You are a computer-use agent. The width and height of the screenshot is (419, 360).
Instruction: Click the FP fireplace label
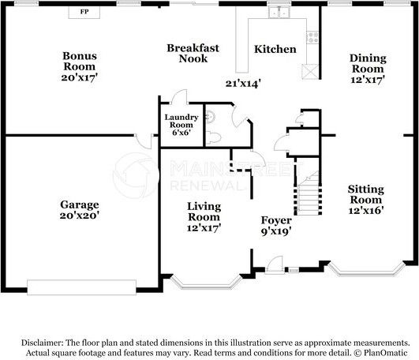tap(84, 12)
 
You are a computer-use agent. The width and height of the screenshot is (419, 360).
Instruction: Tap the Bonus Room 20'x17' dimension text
tap(80, 77)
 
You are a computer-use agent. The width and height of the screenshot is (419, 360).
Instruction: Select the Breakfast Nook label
tap(193, 53)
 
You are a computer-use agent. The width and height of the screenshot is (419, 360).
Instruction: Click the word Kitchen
tap(275, 49)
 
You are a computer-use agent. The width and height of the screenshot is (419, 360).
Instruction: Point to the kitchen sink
tap(279, 12)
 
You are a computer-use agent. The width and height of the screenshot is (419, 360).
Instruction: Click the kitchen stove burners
tap(312, 37)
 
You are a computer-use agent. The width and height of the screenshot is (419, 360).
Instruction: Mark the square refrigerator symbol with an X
tap(310, 72)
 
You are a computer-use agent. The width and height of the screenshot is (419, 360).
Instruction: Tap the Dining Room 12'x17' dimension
tap(368, 80)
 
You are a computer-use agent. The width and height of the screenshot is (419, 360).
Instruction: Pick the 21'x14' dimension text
tap(243, 84)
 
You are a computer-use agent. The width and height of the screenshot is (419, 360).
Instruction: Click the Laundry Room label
tap(181, 125)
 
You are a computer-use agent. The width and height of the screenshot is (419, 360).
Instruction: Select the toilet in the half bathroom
tap(213, 137)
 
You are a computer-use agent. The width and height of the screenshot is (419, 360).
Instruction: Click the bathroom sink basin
tap(211, 117)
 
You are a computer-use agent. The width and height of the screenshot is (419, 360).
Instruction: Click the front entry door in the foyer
tap(275, 265)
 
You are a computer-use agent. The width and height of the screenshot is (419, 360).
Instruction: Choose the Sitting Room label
tap(366, 194)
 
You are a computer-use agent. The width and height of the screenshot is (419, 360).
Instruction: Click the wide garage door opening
tap(81, 287)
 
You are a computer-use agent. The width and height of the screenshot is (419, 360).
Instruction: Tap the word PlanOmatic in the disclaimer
tap(386, 353)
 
